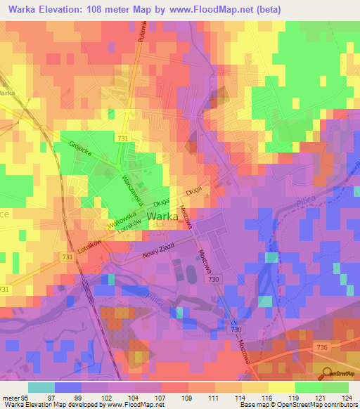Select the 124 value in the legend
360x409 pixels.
pos(345,396)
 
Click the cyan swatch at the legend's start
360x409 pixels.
pos(41,387)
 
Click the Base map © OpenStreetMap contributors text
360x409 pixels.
pos(297,405)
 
